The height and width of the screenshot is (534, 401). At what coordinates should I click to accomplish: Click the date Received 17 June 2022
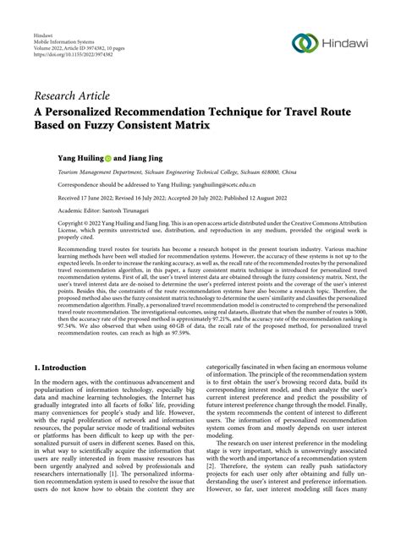(67, 196)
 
